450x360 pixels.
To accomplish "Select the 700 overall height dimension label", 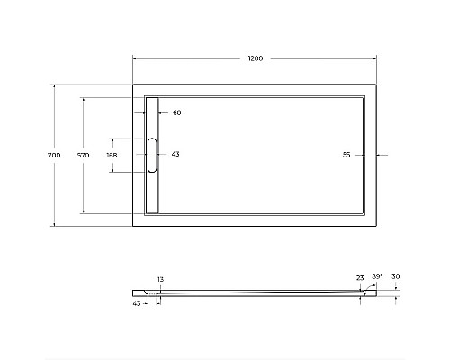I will coord(53,156).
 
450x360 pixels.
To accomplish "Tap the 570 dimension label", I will coord(83,156).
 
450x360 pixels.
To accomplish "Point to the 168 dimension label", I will coord(112,156).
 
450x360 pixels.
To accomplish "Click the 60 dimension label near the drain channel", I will coord(176,112).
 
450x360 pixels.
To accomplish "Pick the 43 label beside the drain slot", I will coord(175,155).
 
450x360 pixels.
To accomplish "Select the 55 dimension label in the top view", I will coord(346,155).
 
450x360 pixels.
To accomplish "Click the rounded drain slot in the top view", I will coord(152,155).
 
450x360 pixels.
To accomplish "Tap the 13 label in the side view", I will coord(160,280).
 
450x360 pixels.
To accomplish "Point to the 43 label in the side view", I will coord(137,303).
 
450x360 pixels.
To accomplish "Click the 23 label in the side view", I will coord(360,278).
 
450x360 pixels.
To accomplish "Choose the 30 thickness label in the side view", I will coord(396,278).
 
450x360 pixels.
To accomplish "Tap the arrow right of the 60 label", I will coord(165,112).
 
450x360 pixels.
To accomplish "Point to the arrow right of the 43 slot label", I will coord(164,155).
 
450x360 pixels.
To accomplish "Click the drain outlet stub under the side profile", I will coord(157,298).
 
